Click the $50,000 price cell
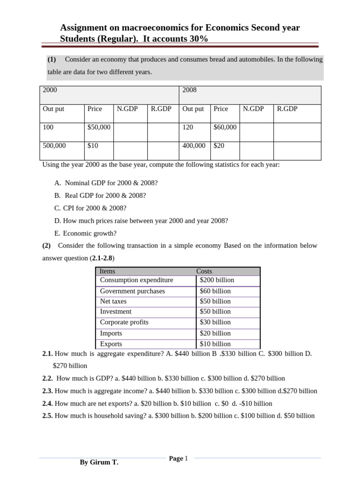click(99, 127)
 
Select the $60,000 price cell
click(225, 127)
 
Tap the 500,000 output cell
click(54, 146)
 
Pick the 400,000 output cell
click(194, 146)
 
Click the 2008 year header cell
click(190, 90)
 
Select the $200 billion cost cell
click(217, 280)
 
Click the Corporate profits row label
click(124, 322)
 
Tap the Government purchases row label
click(132, 291)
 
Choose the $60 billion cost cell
click(215, 291)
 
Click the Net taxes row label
click(113, 301)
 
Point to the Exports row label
click(111, 344)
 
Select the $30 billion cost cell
click(215, 322)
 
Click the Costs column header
click(204, 271)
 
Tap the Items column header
click(107, 271)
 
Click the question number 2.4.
click(48, 403)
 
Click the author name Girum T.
click(99, 463)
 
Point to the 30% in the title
click(198, 39)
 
